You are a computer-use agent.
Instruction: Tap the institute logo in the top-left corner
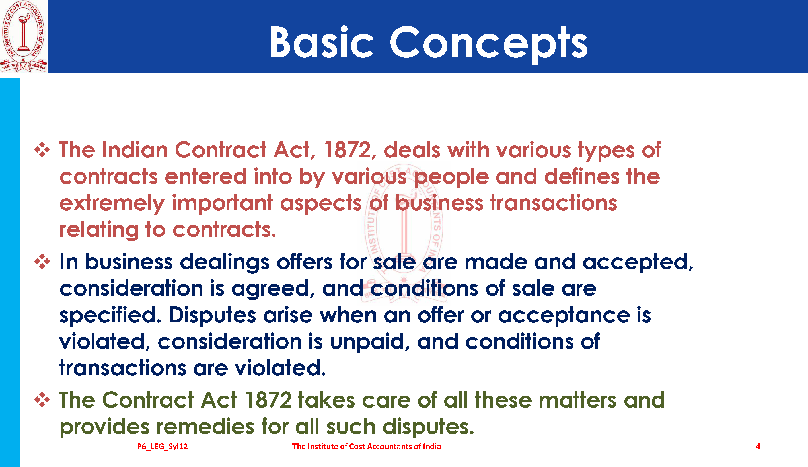click(x=23, y=36)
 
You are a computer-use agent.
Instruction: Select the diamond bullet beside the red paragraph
click(x=42, y=150)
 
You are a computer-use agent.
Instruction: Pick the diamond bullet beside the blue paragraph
click(x=42, y=262)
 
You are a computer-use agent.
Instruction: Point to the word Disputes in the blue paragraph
click(x=213, y=315)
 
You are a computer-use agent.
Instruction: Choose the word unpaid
click(x=370, y=342)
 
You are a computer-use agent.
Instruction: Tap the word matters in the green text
click(x=577, y=400)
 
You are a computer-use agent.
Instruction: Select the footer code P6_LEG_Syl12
click(x=163, y=446)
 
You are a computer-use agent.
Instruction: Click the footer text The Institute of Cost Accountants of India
click(x=366, y=446)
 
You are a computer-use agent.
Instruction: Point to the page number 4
click(x=758, y=446)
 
